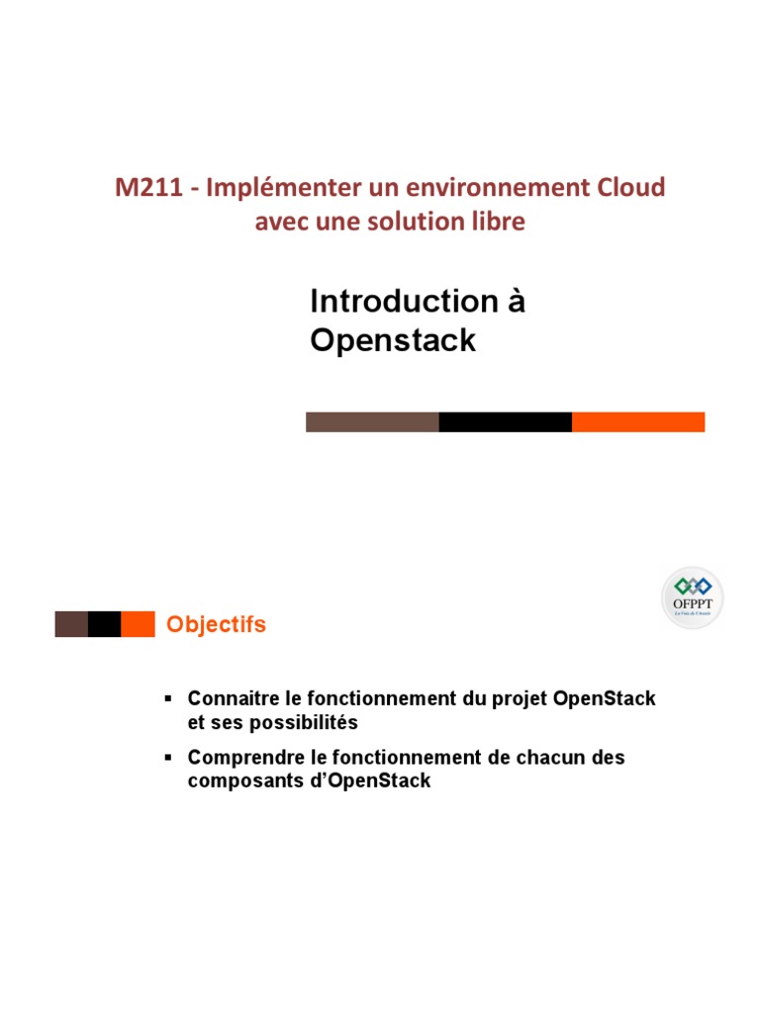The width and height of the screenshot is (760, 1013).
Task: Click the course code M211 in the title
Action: coord(148,188)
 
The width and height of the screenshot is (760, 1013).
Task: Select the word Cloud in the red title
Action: coord(630,188)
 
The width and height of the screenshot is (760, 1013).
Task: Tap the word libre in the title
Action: coord(499,223)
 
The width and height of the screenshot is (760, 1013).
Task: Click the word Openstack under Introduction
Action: coord(393,340)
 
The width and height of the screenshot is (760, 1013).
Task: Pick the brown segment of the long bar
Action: coord(372,422)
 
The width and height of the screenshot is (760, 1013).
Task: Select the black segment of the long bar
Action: coord(505,422)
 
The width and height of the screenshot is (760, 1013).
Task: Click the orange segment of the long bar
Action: coord(638,422)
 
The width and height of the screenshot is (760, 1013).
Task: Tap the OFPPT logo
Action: coord(692,597)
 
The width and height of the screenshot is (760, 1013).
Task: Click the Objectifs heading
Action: coord(216,625)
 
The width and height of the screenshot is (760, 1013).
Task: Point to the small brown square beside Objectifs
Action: coord(71,624)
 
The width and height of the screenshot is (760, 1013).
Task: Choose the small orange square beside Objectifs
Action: coord(138,624)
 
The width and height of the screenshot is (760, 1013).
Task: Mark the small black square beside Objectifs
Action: coord(104,624)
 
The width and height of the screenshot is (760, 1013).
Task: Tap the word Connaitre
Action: coord(230,699)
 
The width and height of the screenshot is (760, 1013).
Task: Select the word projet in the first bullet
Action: coord(520,699)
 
